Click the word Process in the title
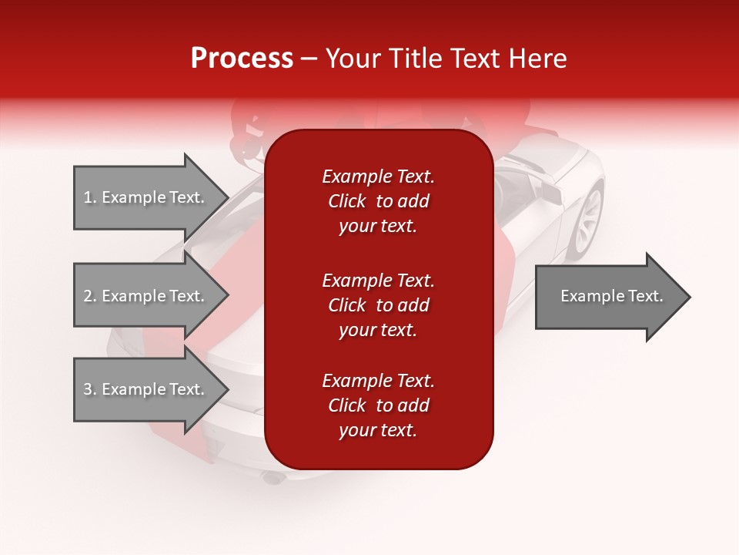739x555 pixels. tap(242, 59)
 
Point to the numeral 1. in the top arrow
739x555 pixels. tap(90, 197)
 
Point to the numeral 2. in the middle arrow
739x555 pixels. tap(90, 296)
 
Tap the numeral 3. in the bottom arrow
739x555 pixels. tap(90, 389)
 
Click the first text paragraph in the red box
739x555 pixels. tap(378, 201)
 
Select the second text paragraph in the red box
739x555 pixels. tap(378, 305)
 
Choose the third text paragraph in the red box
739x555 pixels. tap(378, 405)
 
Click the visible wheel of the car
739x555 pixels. tap(587, 220)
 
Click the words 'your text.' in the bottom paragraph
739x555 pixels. tap(378, 431)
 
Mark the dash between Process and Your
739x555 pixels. tap(309, 59)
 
